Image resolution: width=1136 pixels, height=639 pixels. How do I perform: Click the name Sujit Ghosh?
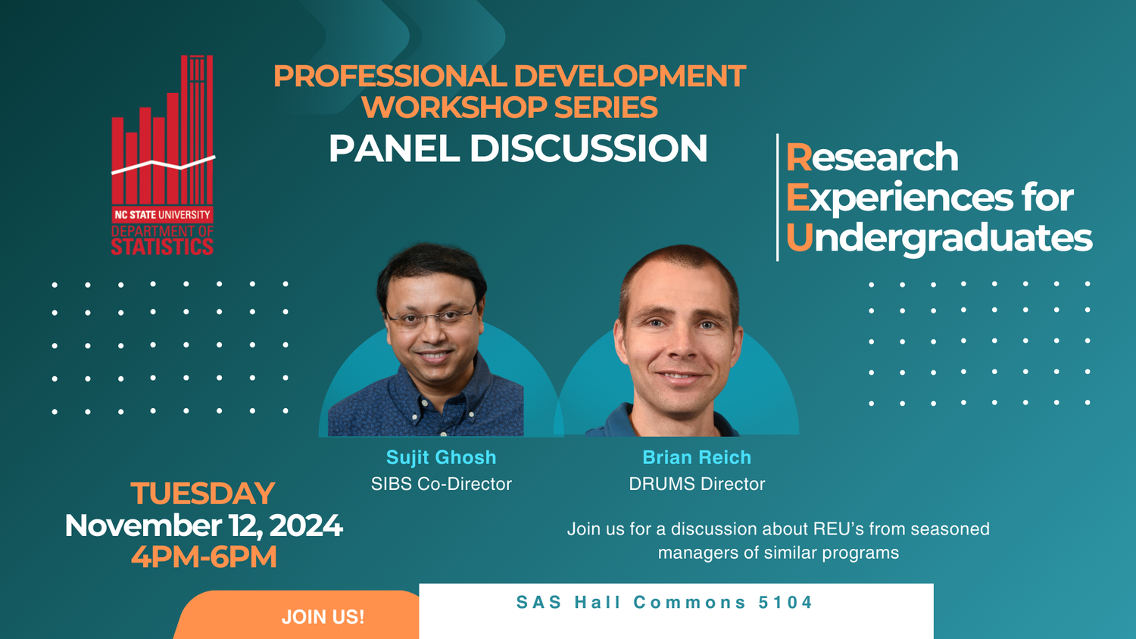pos(441,457)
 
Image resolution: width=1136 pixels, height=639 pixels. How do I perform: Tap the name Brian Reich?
pos(696,457)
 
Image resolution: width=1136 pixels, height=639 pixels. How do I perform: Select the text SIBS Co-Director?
pos(442,484)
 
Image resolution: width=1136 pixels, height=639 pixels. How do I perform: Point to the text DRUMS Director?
pos(697,484)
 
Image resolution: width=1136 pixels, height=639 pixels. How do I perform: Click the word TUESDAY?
pos(203,493)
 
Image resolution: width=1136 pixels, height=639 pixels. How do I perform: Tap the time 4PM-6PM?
pos(204,556)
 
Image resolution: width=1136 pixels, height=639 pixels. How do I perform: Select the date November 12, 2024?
pos(204,525)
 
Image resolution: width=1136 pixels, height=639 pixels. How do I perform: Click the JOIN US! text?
pos(323,617)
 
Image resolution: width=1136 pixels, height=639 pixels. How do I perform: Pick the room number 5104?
pos(785,602)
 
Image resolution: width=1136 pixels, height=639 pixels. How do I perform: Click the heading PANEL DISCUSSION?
pos(518,148)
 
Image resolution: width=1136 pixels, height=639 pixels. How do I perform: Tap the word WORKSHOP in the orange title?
pos(454,107)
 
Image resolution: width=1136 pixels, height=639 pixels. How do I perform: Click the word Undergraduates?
pos(939,238)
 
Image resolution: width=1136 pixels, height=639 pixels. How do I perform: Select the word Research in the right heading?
pos(872,157)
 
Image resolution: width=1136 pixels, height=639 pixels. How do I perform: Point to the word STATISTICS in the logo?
pos(162,247)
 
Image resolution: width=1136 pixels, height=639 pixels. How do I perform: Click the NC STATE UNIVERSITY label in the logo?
pos(162,214)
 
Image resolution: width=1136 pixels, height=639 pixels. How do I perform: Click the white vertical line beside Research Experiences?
pos(778,198)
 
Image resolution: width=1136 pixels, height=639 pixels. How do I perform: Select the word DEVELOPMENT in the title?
pos(629,76)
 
